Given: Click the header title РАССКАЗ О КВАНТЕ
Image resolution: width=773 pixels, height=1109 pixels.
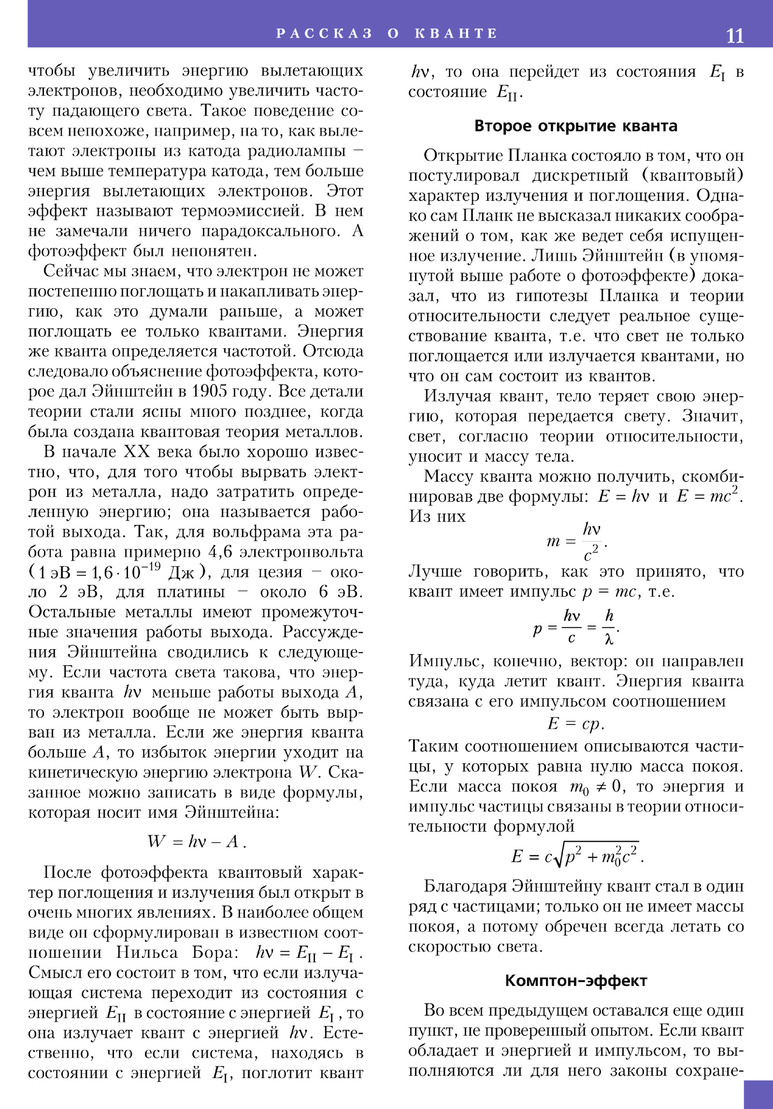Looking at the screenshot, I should coord(386,33).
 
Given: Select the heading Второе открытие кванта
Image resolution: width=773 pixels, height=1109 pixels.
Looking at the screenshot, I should coord(575,126).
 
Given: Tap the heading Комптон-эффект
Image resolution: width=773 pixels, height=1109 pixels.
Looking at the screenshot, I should coord(575,981).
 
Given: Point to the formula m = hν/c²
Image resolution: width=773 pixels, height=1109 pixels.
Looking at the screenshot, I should coord(576,541).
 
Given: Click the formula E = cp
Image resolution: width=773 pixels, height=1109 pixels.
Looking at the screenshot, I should coord(575,724).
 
